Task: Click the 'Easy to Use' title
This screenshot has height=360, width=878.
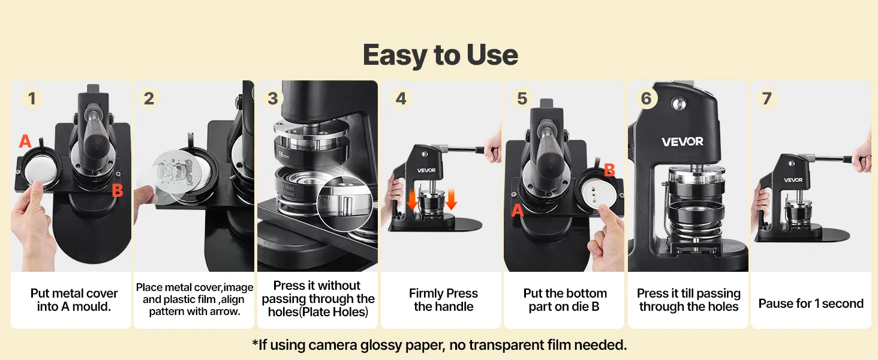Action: pos(440,55)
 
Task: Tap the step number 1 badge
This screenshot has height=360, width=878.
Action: pos(32,98)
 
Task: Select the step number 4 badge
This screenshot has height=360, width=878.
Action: pos(401,98)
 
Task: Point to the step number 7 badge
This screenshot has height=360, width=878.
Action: pos(766,98)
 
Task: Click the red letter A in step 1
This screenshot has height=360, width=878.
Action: pos(25,141)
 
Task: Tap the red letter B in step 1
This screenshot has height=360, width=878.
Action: pos(117,191)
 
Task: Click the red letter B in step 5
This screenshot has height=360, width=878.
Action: pos(609,170)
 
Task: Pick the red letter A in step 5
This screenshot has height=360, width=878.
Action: pos(518,211)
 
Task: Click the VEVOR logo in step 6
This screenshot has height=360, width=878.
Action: pos(682,142)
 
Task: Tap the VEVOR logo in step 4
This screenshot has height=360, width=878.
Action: pos(426,170)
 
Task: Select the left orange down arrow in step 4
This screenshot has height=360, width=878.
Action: pos(412,200)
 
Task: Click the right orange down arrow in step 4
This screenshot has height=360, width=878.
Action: pos(451,200)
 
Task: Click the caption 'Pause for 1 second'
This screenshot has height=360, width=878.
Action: pos(811,304)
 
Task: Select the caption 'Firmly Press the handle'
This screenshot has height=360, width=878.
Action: pos(443,300)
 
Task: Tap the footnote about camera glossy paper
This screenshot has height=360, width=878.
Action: pos(440,345)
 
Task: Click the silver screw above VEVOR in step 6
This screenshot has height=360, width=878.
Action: pos(677,104)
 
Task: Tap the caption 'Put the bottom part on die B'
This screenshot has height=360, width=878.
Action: pos(565,300)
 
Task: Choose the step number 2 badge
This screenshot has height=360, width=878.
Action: pos(149,98)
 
